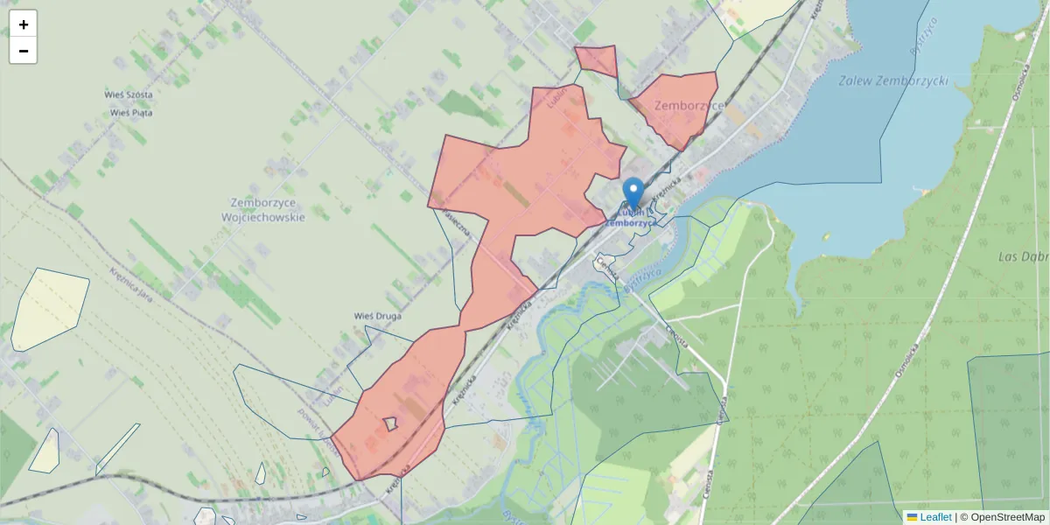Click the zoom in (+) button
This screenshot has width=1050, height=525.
[x=24, y=24]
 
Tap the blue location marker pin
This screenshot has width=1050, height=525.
[x=633, y=192]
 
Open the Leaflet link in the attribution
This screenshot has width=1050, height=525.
[x=935, y=517]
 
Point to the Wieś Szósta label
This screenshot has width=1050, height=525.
[x=129, y=94]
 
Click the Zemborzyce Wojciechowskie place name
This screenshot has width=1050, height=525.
[x=262, y=209]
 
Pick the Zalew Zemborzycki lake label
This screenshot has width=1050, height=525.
[x=892, y=80]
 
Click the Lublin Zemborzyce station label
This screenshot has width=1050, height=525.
[x=632, y=218]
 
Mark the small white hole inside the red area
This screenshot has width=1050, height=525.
[x=390, y=423]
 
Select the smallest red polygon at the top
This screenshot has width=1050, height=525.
[x=597, y=59]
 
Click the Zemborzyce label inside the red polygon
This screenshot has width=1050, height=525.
[x=688, y=106]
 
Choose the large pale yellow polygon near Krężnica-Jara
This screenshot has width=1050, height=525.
[x=49, y=308]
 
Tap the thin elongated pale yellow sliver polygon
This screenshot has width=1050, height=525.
[x=117, y=449]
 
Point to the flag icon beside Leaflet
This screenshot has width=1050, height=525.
[x=912, y=517]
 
